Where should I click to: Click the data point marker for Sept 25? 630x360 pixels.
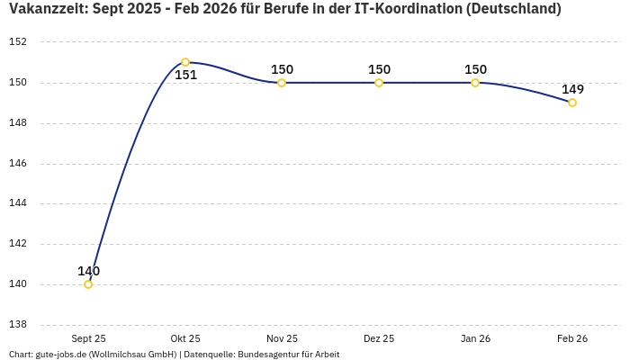point(88,284)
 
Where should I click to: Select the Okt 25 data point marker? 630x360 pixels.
point(185,62)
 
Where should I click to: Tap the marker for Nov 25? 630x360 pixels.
point(282,83)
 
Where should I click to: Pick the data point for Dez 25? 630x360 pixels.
point(379,83)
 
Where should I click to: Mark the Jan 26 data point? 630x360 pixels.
point(475,83)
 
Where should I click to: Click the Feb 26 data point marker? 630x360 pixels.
point(572,103)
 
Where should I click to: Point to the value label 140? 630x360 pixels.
point(88,271)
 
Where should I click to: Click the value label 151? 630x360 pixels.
point(185,76)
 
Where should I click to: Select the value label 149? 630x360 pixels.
point(572,89)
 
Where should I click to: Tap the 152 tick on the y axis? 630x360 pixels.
point(18,42)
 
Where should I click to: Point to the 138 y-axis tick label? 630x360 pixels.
point(18,325)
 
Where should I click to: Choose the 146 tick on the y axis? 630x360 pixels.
point(18,164)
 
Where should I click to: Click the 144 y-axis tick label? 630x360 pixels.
point(18,203)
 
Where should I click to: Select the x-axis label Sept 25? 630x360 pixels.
point(88,338)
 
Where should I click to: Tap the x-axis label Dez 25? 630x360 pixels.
point(379,338)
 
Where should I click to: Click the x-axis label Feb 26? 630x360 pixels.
point(572,338)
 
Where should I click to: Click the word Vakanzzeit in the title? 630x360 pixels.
point(45,9)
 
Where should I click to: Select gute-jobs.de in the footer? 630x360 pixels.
point(60,355)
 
